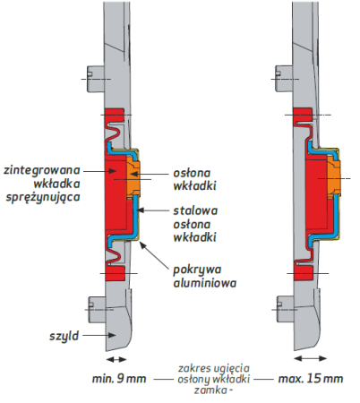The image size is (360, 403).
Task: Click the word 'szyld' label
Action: click(64, 336)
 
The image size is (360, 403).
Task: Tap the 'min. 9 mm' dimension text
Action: click(119, 379)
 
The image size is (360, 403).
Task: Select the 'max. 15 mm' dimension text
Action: click(311, 379)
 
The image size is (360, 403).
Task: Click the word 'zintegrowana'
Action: click(42, 170)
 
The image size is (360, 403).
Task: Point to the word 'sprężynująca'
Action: click(43, 197)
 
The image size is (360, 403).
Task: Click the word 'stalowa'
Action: click(195, 210)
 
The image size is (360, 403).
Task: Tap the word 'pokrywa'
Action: click(197, 270)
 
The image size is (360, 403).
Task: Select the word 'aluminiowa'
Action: click(205, 283)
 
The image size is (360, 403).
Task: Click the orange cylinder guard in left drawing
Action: click(133, 178)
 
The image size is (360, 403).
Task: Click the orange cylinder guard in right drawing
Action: click(334, 177)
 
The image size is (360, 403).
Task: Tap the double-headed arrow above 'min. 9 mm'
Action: click(116, 359)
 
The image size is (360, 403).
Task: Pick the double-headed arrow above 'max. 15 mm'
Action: click(311, 358)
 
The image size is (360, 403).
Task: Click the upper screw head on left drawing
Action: click(96, 79)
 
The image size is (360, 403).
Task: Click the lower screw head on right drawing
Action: click(285, 309)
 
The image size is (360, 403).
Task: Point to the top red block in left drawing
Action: click(115, 115)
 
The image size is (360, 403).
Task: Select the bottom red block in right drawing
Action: click(304, 273)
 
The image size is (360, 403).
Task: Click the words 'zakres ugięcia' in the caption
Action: click(214, 368)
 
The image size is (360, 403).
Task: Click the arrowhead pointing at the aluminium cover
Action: click(143, 245)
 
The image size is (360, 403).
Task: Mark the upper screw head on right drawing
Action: click(284, 79)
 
